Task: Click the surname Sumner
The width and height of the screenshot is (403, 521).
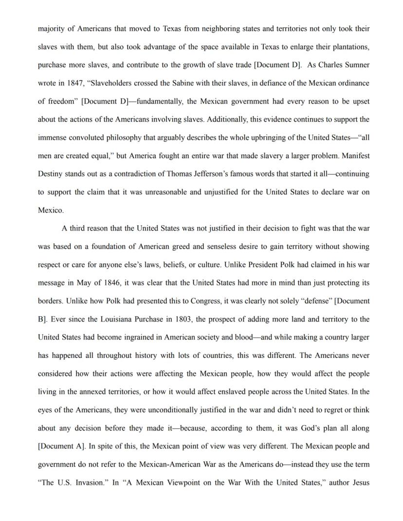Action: click(x=356, y=65)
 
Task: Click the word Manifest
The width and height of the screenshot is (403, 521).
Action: click(x=356, y=156)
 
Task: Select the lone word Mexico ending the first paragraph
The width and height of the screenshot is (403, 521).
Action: click(x=51, y=211)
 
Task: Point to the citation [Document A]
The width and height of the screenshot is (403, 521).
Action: click(x=61, y=447)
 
